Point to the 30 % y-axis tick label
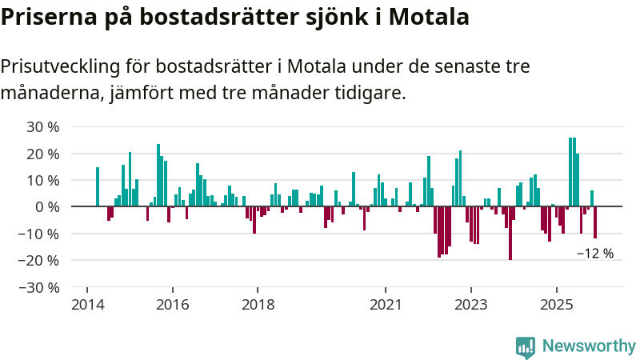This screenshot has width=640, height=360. tap(43, 126)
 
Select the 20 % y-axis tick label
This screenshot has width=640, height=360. tap(43, 154)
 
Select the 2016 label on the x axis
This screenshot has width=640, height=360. tap(172, 305)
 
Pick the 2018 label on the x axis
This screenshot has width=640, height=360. tap(258, 305)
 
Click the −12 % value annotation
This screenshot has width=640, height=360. tap(595, 254)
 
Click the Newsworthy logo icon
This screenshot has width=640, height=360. tap(526, 346)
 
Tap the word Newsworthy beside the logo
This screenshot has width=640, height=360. tap(589, 346)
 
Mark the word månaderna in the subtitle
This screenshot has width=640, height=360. tap(49, 93)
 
